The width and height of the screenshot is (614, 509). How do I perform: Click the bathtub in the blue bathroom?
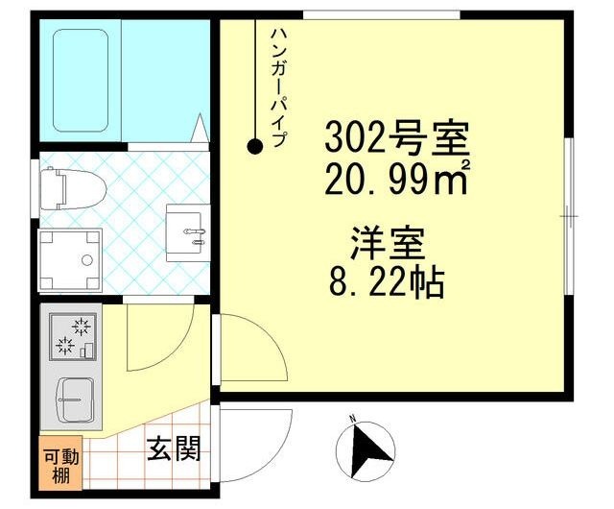81,81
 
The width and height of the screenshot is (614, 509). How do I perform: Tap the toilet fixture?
73,188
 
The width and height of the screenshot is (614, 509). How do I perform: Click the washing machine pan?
70,260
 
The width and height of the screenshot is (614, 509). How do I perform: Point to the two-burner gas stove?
73,337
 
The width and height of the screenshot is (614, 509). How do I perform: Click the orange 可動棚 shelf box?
60,463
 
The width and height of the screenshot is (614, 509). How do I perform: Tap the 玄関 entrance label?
174,448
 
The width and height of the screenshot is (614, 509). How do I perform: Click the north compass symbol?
366,450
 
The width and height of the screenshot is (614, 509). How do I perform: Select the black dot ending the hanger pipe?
255,147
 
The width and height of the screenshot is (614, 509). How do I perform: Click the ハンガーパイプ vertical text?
279,87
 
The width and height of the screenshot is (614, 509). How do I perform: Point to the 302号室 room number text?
397,138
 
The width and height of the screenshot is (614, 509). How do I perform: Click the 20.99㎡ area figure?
397,178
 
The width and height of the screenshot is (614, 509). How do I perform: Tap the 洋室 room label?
388,244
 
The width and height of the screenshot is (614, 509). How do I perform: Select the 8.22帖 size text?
387,283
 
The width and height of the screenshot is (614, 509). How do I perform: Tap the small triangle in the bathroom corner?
201,128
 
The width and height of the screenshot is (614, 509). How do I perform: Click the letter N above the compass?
352,418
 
